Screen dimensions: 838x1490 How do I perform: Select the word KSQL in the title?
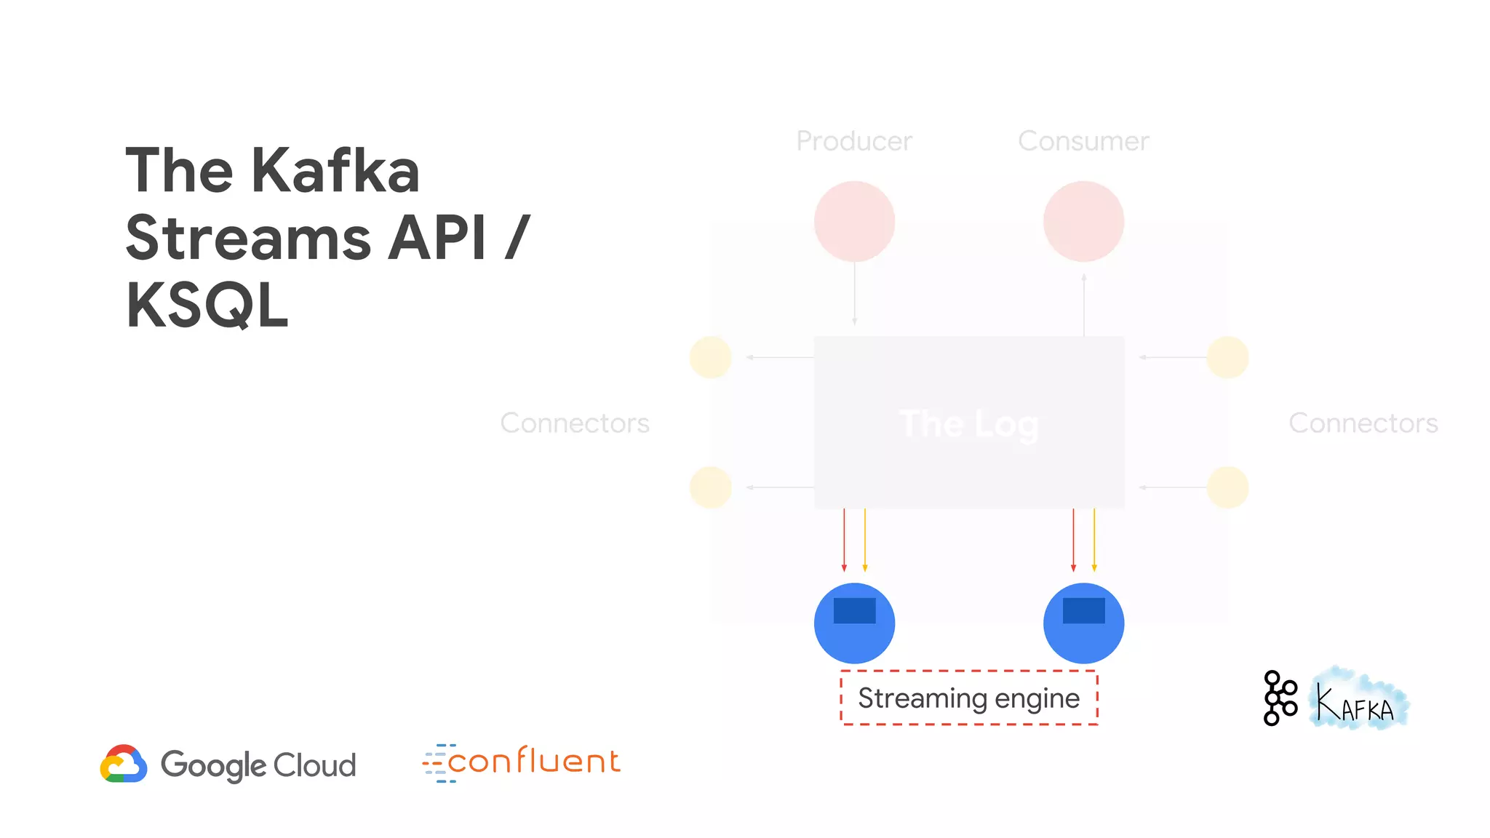click(x=207, y=306)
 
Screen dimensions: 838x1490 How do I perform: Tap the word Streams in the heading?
click(x=248, y=238)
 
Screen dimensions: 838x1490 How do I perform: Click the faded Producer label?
click(x=854, y=141)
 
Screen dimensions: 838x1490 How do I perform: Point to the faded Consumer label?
click(x=1083, y=141)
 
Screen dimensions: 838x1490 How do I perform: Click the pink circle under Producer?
click(x=854, y=221)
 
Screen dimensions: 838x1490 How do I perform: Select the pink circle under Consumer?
click(x=1083, y=221)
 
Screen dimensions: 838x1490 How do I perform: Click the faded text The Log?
click(x=969, y=424)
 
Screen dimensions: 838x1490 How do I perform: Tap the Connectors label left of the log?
click(x=575, y=423)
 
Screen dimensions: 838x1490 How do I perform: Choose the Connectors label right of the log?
click(x=1363, y=423)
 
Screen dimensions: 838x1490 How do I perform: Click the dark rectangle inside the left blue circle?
click(x=854, y=610)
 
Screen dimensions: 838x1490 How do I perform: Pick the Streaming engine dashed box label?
click(x=969, y=698)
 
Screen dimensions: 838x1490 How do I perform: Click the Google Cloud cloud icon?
click(x=124, y=764)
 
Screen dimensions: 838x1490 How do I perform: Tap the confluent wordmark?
click(x=533, y=762)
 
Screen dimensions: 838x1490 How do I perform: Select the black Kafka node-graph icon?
click(x=1280, y=698)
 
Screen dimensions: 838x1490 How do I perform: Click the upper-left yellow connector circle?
click(x=710, y=357)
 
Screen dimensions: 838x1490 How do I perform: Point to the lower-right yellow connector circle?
click(x=1227, y=487)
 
